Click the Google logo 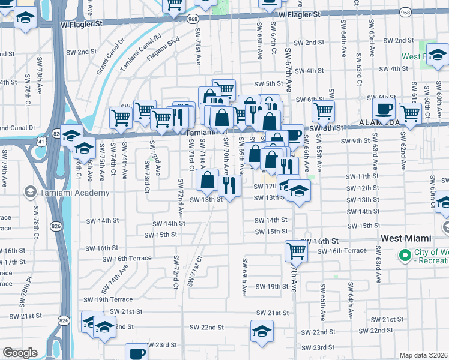point(20,353)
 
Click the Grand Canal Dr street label point(110,58)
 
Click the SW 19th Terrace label point(108,299)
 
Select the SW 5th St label point(268,84)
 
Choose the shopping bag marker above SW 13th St point(207,179)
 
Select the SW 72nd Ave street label point(179,196)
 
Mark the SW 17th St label point(17,262)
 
